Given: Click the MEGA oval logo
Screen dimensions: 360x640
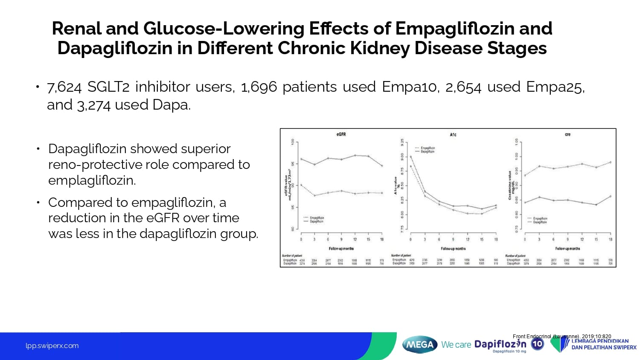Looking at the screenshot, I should tap(420, 345).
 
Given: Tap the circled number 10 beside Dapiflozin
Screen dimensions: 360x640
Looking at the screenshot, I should tap(538, 344).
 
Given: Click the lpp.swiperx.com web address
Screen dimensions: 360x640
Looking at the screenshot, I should tap(52, 346).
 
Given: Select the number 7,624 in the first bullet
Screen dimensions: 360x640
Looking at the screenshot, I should tap(64, 87).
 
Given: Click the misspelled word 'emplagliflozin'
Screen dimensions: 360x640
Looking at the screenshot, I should tap(92, 180).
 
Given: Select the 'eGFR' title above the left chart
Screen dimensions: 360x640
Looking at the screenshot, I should tap(341, 134).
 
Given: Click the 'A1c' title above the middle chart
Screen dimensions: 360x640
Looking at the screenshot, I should tap(453, 135).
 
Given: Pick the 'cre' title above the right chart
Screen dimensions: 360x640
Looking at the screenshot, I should tap(567, 134).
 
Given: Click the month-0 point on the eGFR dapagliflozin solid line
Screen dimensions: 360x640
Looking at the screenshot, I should tap(301, 159).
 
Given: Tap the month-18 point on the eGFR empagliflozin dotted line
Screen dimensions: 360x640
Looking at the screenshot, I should tap(382, 193).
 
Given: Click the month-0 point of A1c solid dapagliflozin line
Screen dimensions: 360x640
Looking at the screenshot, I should tap(410, 157).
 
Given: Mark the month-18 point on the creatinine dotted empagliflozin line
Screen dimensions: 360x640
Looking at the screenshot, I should tap(611, 162).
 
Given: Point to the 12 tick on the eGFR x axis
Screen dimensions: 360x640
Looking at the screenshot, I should tap(355, 239).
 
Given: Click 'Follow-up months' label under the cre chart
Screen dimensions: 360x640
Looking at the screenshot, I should tap(567, 248).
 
